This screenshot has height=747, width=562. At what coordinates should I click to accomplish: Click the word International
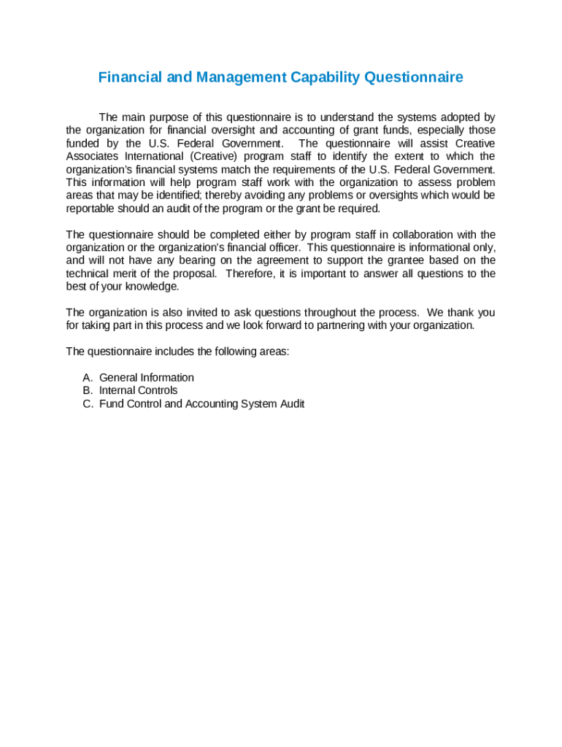[150, 156]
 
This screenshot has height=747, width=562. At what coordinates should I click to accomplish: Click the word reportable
[91, 209]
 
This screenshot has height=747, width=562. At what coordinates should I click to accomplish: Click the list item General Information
[147, 378]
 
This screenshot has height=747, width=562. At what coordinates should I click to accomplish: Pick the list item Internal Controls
[138, 390]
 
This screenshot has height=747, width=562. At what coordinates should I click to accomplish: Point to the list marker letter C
[87, 403]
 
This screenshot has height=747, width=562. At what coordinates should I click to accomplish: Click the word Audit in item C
[290, 403]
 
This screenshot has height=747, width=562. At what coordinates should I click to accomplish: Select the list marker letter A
[87, 378]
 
